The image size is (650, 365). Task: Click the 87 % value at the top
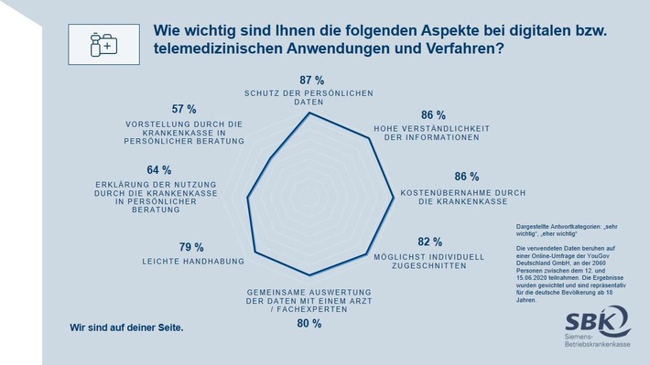309,81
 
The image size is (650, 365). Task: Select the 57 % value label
184,108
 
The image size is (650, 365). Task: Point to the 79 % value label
191,247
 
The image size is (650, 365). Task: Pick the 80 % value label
309,323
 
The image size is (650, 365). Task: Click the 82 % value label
430,242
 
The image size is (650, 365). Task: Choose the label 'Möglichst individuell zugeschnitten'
425,262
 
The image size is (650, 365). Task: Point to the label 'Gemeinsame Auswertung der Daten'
309,300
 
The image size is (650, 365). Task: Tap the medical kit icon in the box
101,43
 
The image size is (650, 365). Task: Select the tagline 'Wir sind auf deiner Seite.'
126,327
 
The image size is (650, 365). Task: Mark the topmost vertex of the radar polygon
309,113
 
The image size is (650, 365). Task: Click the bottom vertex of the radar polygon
309,275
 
